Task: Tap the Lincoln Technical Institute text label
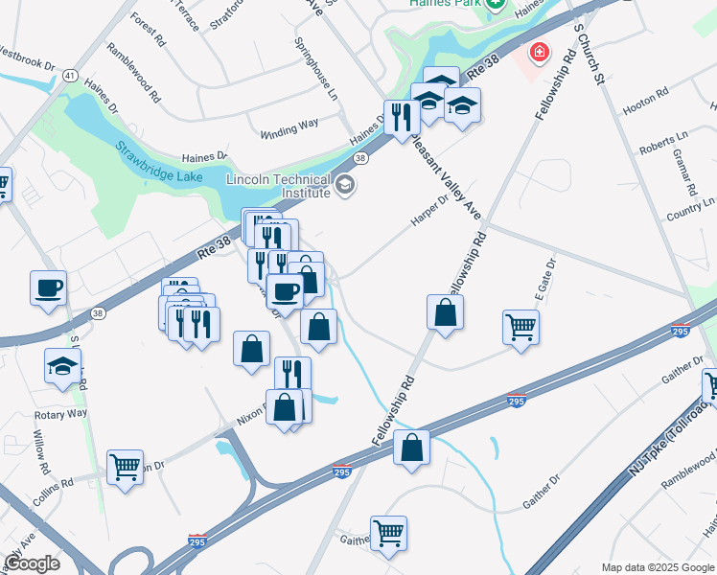coord(278,186)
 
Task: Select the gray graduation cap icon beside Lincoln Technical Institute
coord(345,184)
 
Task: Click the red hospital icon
coord(541,50)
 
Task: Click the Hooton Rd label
coord(649,97)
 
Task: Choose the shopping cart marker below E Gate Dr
coord(520,327)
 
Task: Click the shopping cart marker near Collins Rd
coord(125,467)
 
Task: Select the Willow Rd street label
coord(42,457)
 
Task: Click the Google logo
coord(32,563)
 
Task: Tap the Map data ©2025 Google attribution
coord(657,567)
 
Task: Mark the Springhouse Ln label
coord(316,68)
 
